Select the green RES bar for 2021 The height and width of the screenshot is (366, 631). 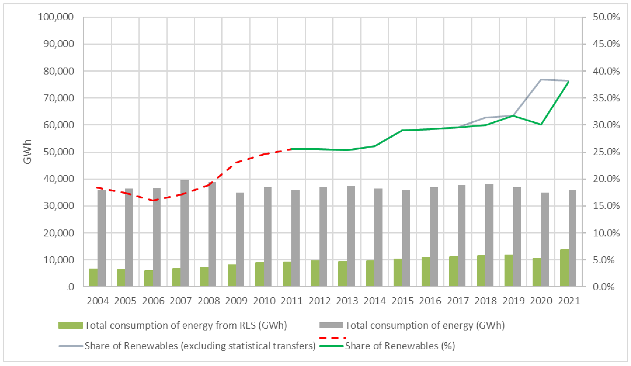[564, 268]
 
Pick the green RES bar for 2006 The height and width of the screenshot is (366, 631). [149, 278]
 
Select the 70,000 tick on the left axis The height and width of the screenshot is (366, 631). [59, 98]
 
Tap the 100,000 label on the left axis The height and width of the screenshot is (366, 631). [56, 17]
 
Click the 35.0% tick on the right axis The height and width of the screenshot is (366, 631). [606, 98]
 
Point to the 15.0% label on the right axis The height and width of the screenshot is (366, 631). [606, 206]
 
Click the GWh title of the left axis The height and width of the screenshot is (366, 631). [27, 152]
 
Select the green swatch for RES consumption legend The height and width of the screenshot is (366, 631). [70, 325]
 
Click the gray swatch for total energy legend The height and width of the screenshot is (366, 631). [331, 325]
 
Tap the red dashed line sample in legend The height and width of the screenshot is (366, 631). [333, 338]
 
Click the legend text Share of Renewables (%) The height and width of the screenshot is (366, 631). [400, 346]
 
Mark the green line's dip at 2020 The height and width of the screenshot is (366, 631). [541, 125]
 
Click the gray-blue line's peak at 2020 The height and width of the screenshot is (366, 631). [541, 79]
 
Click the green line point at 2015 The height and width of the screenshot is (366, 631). [402, 130]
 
